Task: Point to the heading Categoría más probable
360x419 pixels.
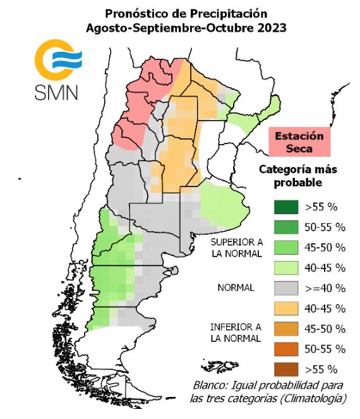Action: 299,176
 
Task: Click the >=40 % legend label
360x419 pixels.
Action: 325,288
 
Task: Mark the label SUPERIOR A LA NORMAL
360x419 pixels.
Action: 236,248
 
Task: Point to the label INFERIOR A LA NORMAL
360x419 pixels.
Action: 236,332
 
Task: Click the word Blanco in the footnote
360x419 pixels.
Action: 210,386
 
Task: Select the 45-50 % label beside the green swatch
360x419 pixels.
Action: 325,247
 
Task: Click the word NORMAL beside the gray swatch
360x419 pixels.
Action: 236,288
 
